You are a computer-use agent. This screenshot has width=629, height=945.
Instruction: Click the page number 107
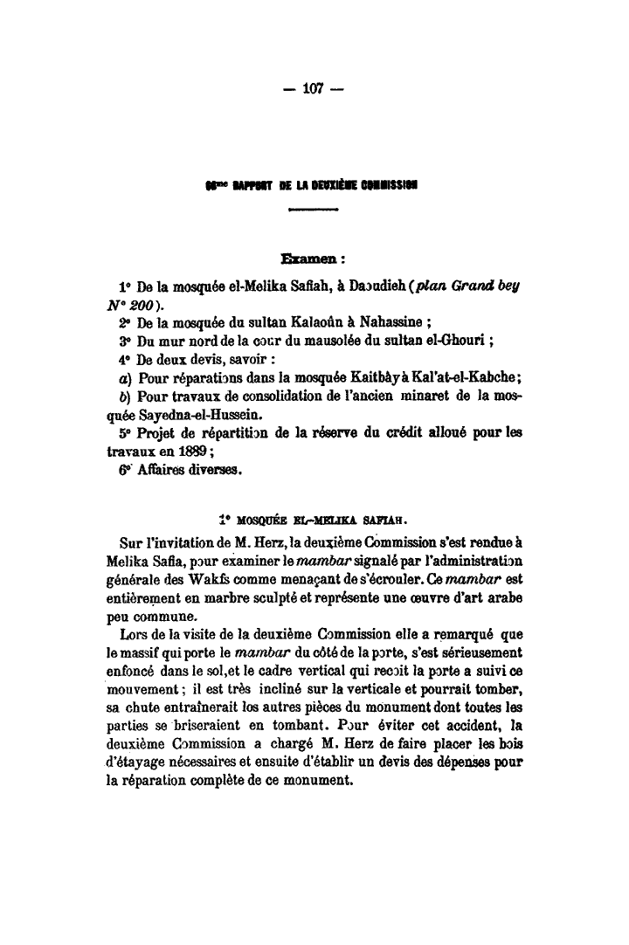click(x=314, y=88)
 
